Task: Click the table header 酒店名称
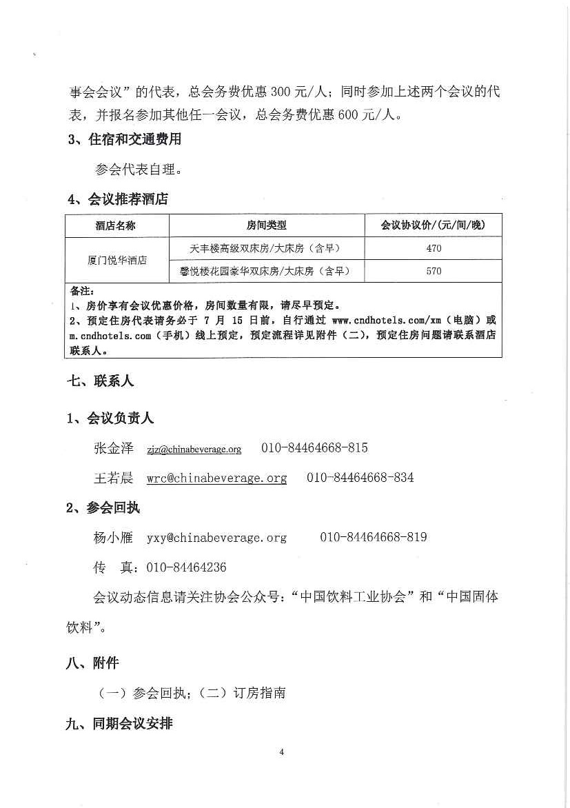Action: tap(116, 225)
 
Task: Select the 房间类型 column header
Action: tap(266, 225)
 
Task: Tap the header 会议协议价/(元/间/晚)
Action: tap(433, 225)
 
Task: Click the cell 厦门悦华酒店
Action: tap(116, 260)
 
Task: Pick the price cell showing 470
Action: tap(434, 248)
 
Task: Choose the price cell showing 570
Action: tap(434, 271)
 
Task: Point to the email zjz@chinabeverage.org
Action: tap(194, 450)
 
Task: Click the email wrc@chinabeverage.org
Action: tap(216, 478)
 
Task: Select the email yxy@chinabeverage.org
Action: tap(216, 537)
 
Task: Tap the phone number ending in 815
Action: tap(314, 448)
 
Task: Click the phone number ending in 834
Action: tap(360, 478)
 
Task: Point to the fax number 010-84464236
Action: tap(183, 567)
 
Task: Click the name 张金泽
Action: tap(113, 448)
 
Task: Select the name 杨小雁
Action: tap(113, 537)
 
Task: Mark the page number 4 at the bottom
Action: tap(282, 751)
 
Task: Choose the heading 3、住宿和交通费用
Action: tap(124, 139)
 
